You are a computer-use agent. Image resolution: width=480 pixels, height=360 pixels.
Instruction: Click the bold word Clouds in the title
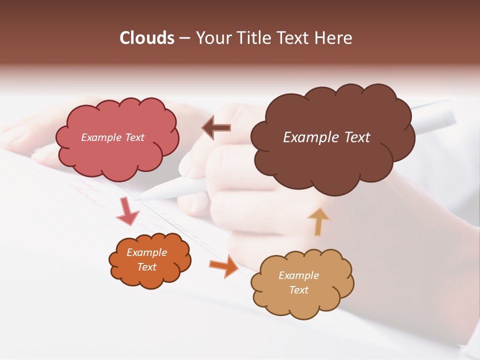[x=147, y=38]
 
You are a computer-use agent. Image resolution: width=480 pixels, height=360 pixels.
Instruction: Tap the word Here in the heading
[x=334, y=38]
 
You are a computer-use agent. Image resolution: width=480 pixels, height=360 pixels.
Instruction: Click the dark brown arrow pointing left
[x=216, y=128]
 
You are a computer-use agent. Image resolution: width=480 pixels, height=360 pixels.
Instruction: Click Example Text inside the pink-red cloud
[x=112, y=137]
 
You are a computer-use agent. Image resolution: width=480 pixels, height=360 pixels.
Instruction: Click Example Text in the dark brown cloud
[x=326, y=137]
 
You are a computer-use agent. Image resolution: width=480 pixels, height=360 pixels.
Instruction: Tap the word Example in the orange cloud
[x=146, y=252]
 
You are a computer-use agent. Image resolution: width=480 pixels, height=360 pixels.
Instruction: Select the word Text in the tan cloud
[x=298, y=290]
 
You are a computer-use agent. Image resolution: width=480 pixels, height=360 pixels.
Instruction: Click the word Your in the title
[x=211, y=38]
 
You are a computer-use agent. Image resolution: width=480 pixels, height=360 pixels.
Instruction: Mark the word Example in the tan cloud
[x=298, y=275]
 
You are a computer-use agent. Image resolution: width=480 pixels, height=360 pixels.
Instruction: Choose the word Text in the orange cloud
[x=146, y=267]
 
